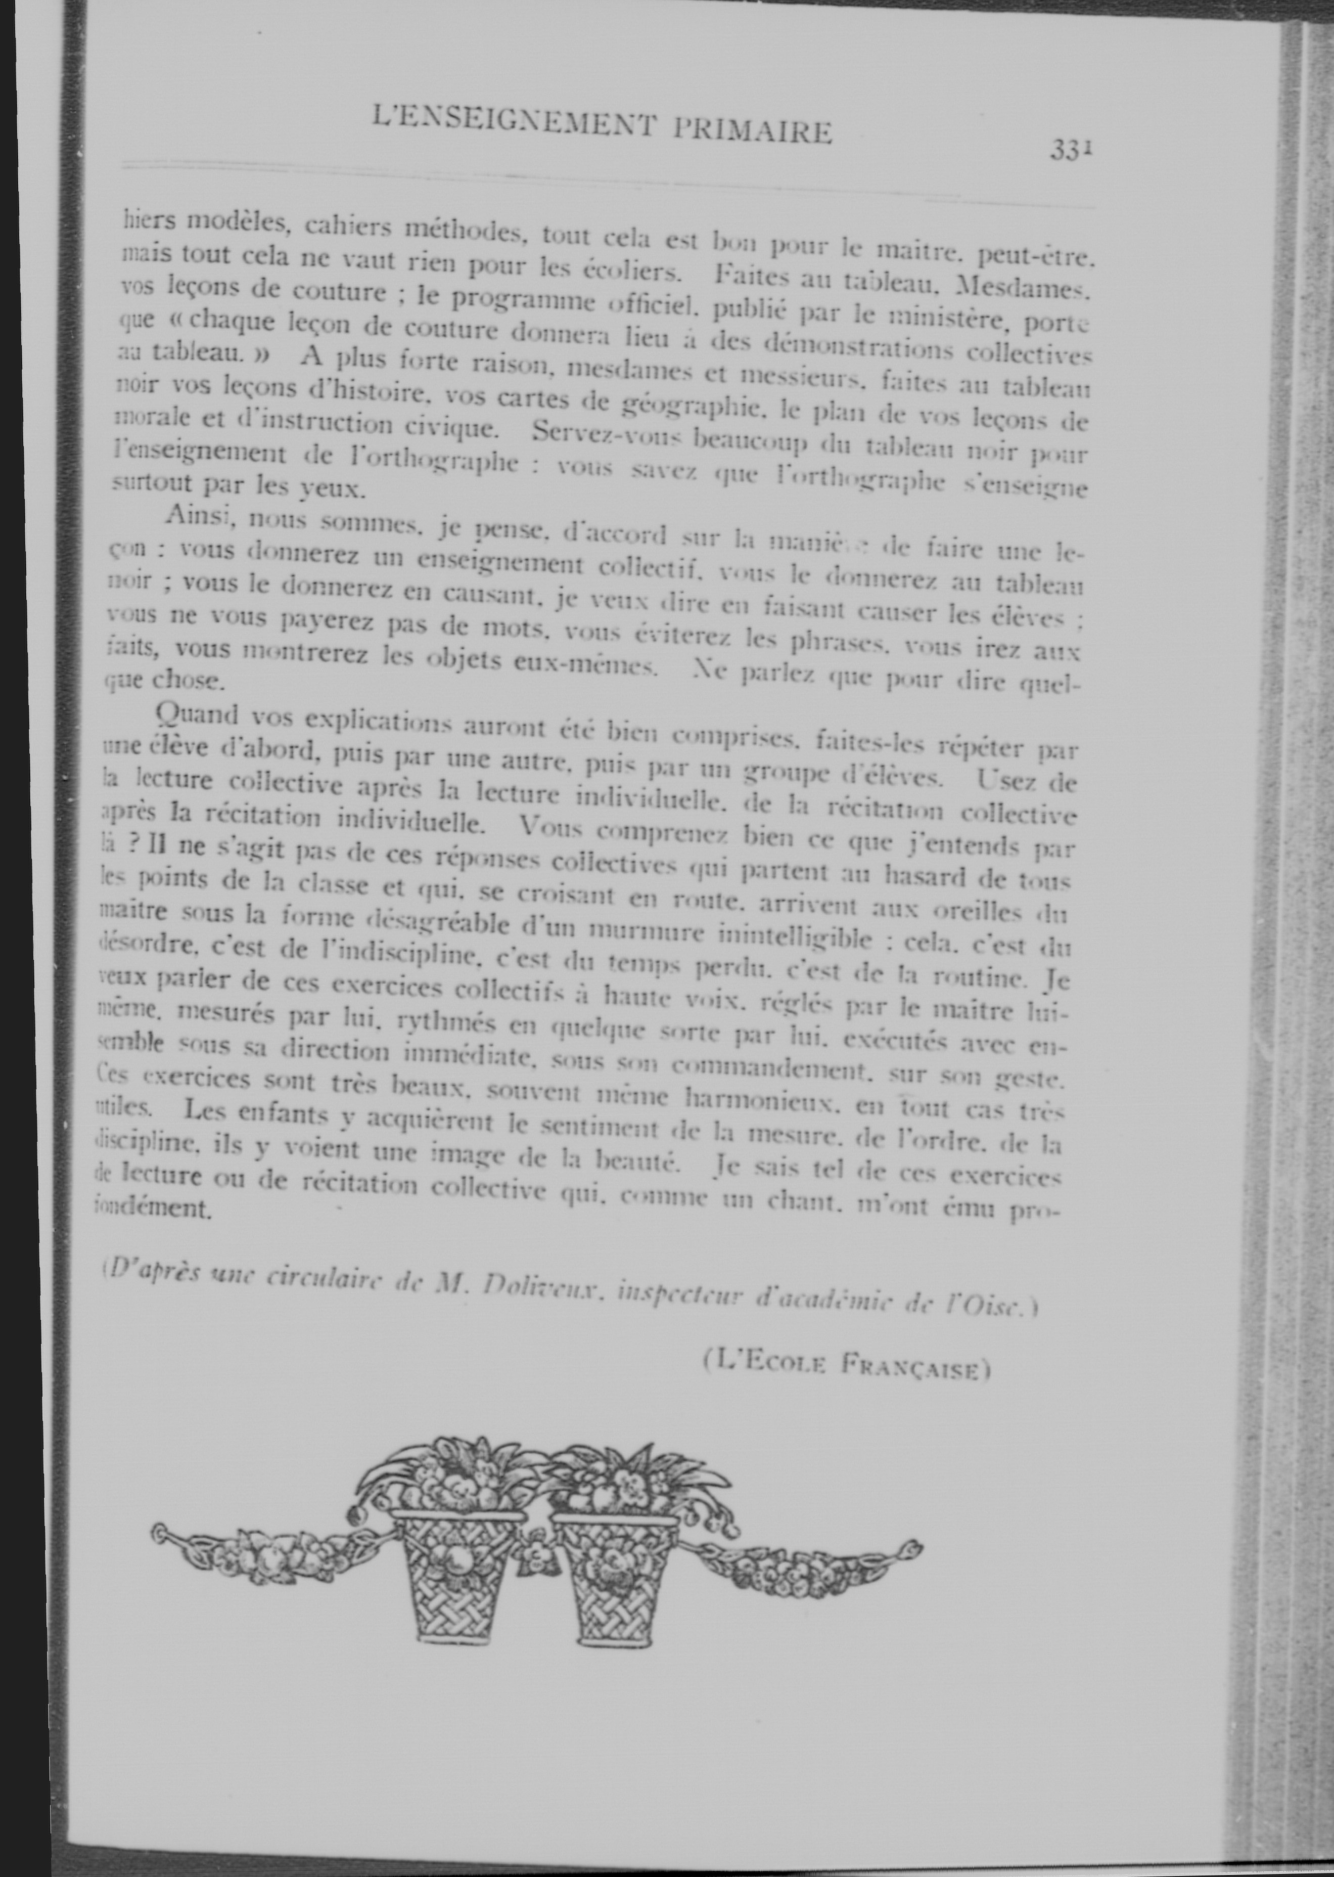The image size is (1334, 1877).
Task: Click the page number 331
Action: tap(1070, 150)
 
